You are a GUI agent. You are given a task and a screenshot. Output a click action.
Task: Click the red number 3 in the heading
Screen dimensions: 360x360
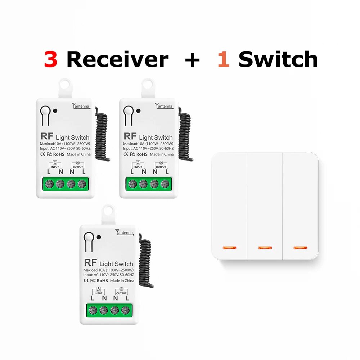tap(51, 59)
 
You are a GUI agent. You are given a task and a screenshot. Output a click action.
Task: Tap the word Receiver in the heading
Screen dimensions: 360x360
tap(117, 59)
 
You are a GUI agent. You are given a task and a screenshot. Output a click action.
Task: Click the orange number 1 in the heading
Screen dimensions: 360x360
tap(224, 59)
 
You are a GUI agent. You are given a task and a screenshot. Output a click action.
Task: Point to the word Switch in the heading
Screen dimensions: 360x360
tap(278, 59)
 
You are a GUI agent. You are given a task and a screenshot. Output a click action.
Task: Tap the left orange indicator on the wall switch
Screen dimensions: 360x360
tap(229, 248)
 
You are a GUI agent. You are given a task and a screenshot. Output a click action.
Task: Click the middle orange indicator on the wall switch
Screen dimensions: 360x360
tap(265, 248)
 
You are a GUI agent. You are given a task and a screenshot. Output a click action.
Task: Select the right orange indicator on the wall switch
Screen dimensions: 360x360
tap(300, 248)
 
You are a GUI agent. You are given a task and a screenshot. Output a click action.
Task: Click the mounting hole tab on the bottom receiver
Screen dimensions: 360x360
tap(108, 212)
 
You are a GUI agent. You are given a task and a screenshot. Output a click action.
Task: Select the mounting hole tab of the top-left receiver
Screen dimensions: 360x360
tap(65, 86)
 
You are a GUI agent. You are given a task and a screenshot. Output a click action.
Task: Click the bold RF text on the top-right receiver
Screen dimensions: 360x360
tap(130, 136)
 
